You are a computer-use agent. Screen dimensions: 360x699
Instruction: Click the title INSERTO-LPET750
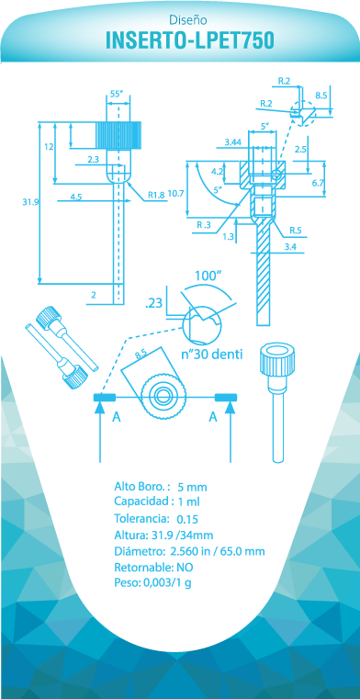coord(190,40)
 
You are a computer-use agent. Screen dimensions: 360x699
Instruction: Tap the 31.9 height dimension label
coord(29,202)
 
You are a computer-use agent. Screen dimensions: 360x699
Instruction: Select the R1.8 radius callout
coord(156,195)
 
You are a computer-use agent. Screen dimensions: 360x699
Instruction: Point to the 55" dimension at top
coord(117,94)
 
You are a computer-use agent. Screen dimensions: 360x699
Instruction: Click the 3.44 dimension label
coord(233,142)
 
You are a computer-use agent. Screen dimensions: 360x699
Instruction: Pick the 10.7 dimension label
coord(176,194)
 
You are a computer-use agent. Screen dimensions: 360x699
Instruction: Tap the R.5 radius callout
coord(295,231)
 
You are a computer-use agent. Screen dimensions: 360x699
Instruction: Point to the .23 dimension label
coord(153,304)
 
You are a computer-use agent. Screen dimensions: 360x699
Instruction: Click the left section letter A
coord(117,417)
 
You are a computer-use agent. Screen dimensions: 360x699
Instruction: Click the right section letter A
coord(213,417)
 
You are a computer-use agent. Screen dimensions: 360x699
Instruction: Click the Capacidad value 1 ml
coord(188,502)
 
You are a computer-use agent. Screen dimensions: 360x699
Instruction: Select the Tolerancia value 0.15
coord(187,519)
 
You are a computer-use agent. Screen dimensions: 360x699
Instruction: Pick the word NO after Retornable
coord(185,568)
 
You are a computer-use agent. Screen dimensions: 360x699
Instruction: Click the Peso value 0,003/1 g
coord(167,583)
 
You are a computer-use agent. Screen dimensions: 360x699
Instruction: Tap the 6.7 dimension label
coord(318,183)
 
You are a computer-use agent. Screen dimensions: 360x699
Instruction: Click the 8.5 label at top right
coord(321,95)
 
